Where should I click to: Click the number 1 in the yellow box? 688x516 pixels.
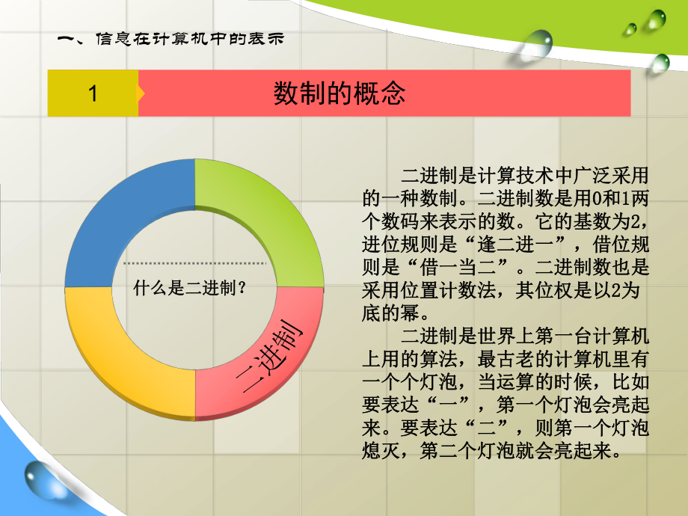[93, 93]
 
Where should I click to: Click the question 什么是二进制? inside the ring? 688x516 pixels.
[190, 286]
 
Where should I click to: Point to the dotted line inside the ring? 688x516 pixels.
[194, 264]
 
